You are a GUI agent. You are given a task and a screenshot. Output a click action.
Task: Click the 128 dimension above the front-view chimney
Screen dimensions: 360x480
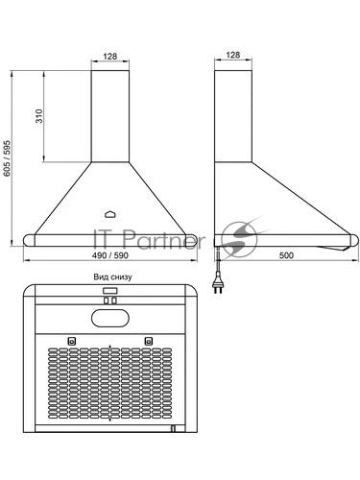[x=110, y=57]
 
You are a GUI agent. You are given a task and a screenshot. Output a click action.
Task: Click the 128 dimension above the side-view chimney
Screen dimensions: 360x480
[x=233, y=55]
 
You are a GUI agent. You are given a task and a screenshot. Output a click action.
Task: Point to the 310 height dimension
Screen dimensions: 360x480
[x=39, y=116]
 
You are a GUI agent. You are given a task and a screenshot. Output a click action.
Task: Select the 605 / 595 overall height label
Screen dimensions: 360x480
[x=7, y=158]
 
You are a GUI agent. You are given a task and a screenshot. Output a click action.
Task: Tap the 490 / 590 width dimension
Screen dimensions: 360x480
[x=110, y=255]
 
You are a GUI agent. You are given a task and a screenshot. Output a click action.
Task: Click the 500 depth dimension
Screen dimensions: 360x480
[x=286, y=255]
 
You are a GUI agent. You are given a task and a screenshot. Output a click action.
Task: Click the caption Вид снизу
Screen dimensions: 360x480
[x=112, y=277]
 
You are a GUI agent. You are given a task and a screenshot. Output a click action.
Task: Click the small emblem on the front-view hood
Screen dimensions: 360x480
[x=110, y=214]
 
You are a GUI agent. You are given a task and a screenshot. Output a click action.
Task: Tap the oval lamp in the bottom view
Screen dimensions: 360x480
[x=110, y=318]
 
